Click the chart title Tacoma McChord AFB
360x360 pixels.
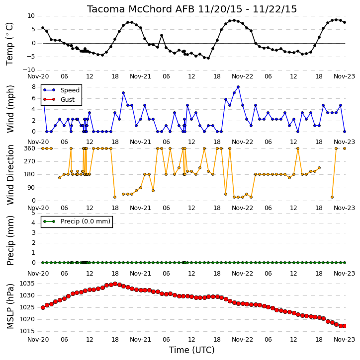click(141, 9)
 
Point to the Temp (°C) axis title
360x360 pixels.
click(9, 44)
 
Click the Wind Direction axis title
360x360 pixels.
click(10, 175)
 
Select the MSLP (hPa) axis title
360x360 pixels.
click(10, 306)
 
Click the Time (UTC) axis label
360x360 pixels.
click(192, 350)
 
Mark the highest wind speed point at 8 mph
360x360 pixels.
click(238, 87)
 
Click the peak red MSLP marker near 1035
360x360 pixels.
click(115, 284)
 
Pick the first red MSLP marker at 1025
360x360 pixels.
click(43, 308)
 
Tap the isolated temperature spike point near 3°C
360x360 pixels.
click(162, 35)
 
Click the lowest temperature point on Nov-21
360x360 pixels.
click(208, 58)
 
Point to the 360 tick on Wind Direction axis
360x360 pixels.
click(30, 148)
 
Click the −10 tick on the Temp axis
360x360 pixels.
click(29, 70)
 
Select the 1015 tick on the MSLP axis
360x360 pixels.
click(27, 331)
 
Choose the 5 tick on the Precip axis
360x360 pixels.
click(33, 213)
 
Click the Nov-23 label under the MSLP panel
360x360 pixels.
click(345, 339)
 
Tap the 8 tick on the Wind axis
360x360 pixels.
click(34, 87)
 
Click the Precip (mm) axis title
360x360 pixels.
click(10, 240)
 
